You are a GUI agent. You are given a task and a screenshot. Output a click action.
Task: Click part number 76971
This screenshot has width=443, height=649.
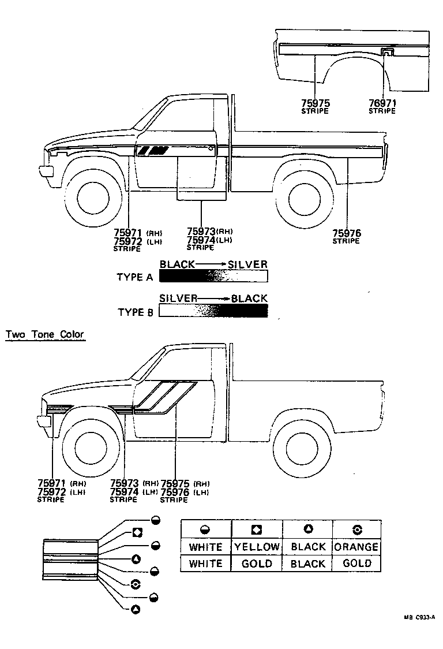tap(382, 103)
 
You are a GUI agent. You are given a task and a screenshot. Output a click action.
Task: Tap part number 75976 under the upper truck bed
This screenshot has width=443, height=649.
tap(346, 233)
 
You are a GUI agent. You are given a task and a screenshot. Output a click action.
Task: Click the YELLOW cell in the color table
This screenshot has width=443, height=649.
tap(257, 547)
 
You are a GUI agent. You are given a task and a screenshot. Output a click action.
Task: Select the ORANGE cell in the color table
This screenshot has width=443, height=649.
tap(356, 547)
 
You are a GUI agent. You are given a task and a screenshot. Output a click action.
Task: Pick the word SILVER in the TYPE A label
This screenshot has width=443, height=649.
tap(247, 264)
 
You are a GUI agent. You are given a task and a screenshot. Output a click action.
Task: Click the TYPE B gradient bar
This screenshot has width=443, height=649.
tap(213, 311)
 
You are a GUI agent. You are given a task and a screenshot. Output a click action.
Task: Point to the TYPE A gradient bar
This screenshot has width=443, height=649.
tap(213, 277)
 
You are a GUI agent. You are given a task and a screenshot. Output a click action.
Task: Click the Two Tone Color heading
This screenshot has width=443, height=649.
tap(44, 334)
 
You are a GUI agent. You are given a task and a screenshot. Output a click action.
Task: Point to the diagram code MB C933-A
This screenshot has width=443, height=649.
tap(419, 617)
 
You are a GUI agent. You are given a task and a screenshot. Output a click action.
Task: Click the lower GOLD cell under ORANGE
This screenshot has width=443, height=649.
tap(356, 564)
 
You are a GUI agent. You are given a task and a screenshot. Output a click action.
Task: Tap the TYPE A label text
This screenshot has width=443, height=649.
tap(135, 277)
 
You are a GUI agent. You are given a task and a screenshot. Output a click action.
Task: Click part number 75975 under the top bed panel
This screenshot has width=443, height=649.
tap(315, 103)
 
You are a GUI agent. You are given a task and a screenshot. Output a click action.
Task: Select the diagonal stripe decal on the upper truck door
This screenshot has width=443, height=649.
tap(153, 151)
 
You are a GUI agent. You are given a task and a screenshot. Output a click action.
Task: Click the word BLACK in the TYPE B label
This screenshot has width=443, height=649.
tap(249, 299)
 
